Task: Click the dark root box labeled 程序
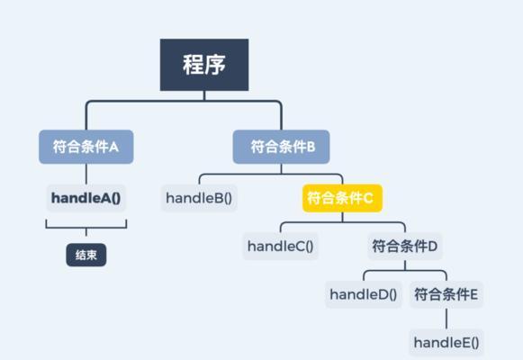[204, 65]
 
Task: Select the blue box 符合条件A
[86, 147]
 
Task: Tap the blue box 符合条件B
[281, 147]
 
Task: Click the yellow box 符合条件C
[342, 198]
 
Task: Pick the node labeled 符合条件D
[405, 247]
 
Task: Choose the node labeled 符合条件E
[446, 294]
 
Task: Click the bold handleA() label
[86, 198]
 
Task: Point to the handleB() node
[199, 198]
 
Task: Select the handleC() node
[281, 247]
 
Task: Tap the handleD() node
[364, 294]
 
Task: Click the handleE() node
[446, 342]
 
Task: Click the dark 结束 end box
[86, 255]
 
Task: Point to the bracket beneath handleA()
[86, 228]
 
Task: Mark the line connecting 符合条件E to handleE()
[446, 319]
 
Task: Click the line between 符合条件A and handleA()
[86, 174]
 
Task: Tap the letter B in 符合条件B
[311, 147]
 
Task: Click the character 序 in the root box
[215, 65]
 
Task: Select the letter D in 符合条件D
[432, 247]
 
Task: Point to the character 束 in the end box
[92, 255]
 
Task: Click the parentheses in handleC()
[309, 247]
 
